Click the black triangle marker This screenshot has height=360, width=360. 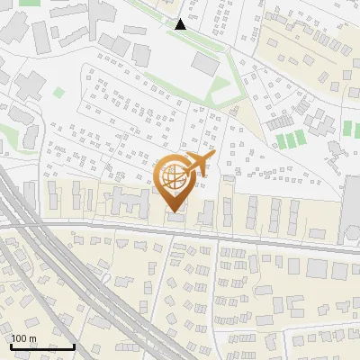(x=181, y=24)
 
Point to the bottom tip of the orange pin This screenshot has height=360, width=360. (x=175, y=211)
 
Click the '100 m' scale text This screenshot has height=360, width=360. (x=24, y=338)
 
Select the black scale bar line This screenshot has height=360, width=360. (x=42, y=346)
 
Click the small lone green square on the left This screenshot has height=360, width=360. (x=59, y=92)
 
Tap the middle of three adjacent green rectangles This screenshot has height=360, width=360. (x=289, y=139)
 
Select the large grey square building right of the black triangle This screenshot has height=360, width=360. (x=206, y=65)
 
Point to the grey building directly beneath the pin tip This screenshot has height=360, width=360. (x=175, y=219)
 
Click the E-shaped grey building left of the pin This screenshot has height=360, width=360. (x=131, y=202)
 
